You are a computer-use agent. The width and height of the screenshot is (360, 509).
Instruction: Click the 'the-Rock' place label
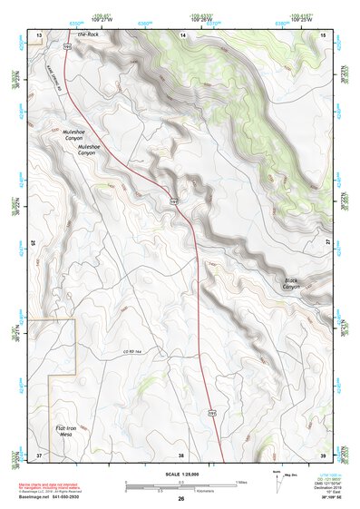(x=87, y=34)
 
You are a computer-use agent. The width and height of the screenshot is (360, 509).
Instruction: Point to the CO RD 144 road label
(x=133, y=351)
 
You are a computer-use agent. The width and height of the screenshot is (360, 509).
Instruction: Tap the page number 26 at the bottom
(x=181, y=499)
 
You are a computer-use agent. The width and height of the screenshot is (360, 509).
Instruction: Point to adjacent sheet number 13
(x=39, y=34)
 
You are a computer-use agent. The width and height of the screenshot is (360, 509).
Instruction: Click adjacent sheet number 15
(x=324, y=34)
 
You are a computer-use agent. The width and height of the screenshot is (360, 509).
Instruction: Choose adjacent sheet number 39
(x=324, y=455)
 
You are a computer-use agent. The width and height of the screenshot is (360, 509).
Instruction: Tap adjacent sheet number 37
(x=39, y=455)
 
